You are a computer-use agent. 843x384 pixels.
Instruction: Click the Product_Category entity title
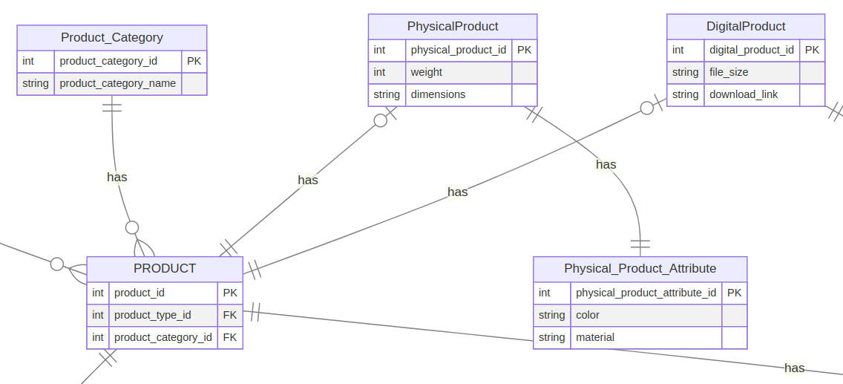(112, 37)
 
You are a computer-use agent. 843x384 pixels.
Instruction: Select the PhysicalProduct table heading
(453, 26)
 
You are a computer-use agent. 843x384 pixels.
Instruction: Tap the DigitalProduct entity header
(746, 26)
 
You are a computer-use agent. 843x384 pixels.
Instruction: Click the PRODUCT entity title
(165, 268)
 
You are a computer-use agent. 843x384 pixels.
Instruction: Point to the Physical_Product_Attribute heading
(640, 268)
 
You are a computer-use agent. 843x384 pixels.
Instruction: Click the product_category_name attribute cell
(118, 83)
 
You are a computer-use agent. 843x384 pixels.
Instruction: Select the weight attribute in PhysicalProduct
(427, 72)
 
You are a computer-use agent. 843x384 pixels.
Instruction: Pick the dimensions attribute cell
(439, 94)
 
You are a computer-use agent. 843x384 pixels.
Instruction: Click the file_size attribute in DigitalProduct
(729, 72)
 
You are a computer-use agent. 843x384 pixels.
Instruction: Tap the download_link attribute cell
(744, 94)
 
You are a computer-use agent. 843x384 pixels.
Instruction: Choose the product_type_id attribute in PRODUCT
(153, 315)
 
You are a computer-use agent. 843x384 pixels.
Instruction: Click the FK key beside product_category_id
(230, 337)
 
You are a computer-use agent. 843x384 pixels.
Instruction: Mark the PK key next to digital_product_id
(812, 50)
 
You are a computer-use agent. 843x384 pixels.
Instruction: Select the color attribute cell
(588, 315)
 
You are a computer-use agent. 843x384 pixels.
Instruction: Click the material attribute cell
(595, 337)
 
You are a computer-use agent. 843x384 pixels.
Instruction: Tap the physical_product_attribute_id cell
(646, 293)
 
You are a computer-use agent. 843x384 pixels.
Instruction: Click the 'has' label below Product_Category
(117, 177)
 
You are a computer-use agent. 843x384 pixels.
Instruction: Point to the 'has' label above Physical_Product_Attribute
(606, 164)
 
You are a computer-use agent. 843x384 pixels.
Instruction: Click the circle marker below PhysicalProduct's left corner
(381, 120)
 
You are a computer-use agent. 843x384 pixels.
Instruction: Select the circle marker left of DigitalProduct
(647, 108)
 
